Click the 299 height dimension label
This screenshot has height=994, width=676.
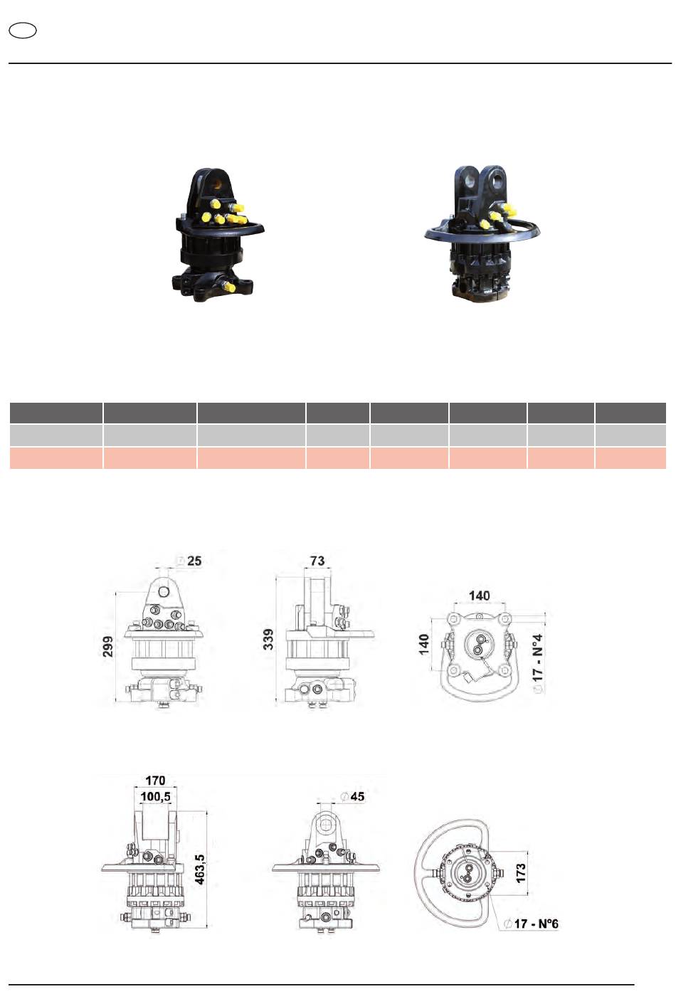pyautogui.click(x=108, y=646)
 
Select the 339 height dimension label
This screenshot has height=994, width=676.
pyautogui.click(x=268, y=639)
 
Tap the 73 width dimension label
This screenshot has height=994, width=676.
pyautogui.click(x=317, y=561)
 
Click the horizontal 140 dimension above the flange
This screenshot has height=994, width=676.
pyautogui.click(x=480, y=596)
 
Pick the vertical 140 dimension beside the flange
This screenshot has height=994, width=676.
pyautogui.click(x=424, y=645)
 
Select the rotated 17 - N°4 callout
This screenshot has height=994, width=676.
pyautogui.click(x=537, y=663)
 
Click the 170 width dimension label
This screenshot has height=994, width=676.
pyautogui.click(x=155, y=780)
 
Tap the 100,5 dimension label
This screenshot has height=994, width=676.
pyautogui.click(x=155, y=796)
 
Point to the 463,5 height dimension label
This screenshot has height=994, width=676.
pyautogui.click(x=200, y=869)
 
